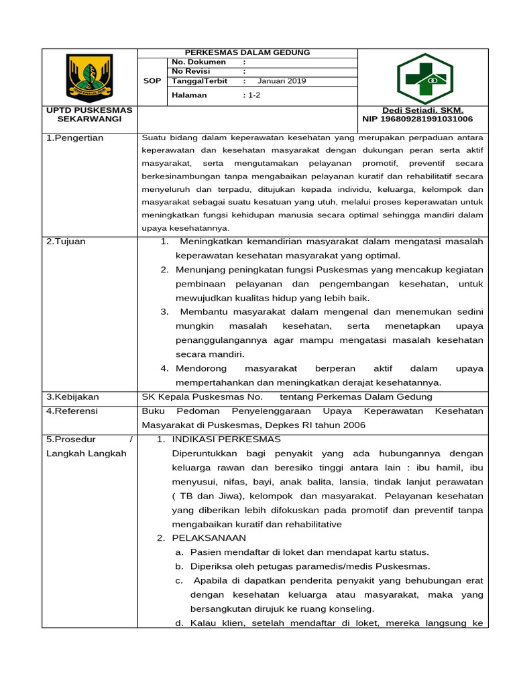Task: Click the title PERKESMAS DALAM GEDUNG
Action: (x=247, y=53)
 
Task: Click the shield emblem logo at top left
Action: (x=89, y=77)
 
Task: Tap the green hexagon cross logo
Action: (x=425, y=78)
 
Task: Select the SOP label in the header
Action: (x=152, y=81)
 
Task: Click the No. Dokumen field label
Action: (x=199, y=62)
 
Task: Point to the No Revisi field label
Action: (x=192, y=72)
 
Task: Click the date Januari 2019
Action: (x=282, y=81)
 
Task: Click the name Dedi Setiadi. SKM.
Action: (x=422, y=110)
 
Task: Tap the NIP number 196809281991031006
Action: (x=417, y=119)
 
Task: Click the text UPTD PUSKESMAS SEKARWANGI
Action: (x=89, y=114)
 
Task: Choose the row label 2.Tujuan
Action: (x=66, y=242)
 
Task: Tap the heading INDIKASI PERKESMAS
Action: (x=227, y=439)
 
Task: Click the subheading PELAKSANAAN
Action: (x=209, y=538)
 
